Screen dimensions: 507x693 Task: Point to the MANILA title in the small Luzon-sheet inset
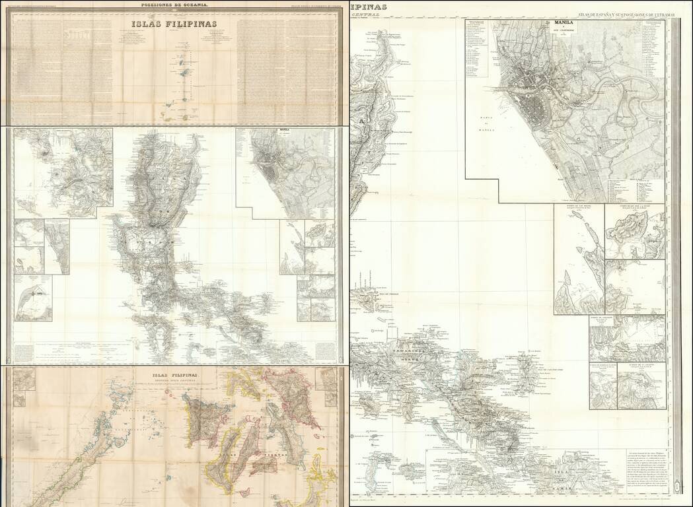click(x=286, y=131)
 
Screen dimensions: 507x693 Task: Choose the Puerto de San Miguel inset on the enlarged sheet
click(x=578, y=257)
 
